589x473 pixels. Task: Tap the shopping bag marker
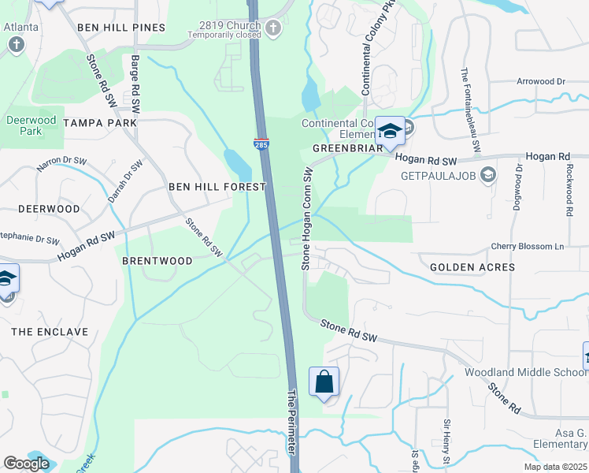[x=324, y=383]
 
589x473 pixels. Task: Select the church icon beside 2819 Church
[x=272, y=29]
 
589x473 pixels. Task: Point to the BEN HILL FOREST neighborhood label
[x=217, y=187]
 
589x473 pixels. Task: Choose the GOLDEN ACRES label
[x=472, y=267]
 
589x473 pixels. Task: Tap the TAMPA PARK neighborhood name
[x=100, y=123]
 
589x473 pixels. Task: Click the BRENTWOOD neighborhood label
[x=157, y=260]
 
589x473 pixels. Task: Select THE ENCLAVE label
[x=50, y=332]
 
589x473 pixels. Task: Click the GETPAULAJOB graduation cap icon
[x=487, y=173]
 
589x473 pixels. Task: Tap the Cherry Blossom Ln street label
[x=528, y=247]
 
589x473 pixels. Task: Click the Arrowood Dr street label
[x=541, y=81]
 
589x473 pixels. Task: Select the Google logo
[x=25, y=464]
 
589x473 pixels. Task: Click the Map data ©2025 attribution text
[x=555, y=467]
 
